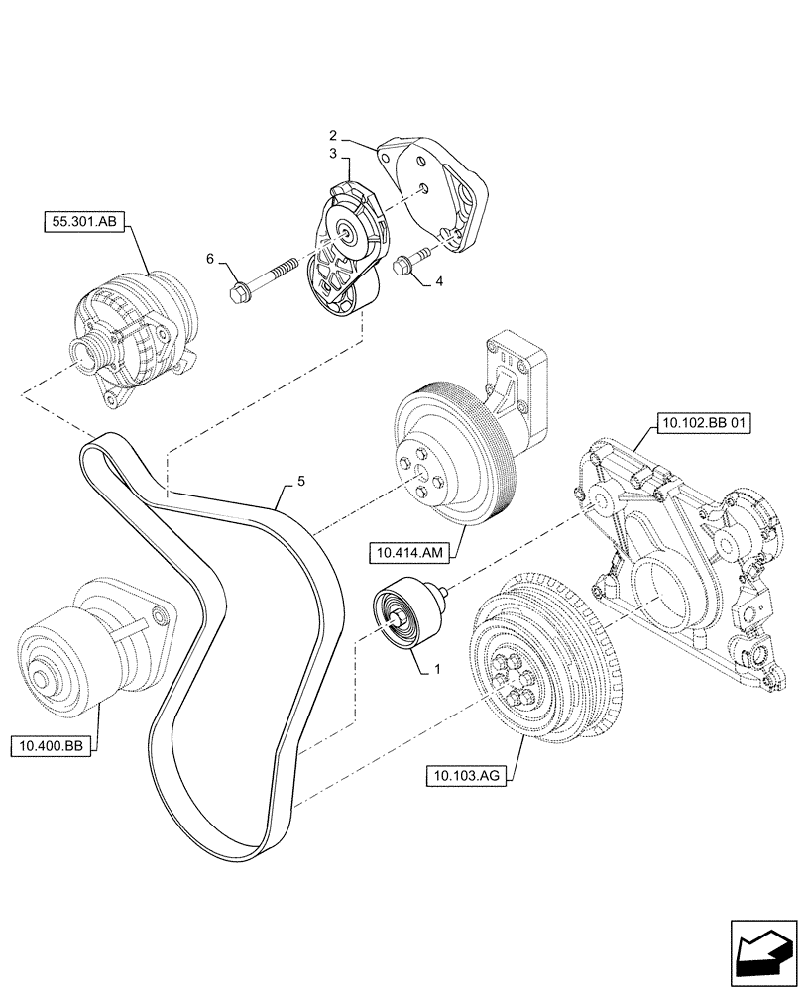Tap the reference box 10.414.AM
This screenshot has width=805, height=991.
click(x=405, y=551)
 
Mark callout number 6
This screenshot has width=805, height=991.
click(x=209, y=259)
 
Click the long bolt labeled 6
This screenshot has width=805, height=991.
click(x=265, y=278)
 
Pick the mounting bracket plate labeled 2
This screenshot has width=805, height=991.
click(x=436, y=193)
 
